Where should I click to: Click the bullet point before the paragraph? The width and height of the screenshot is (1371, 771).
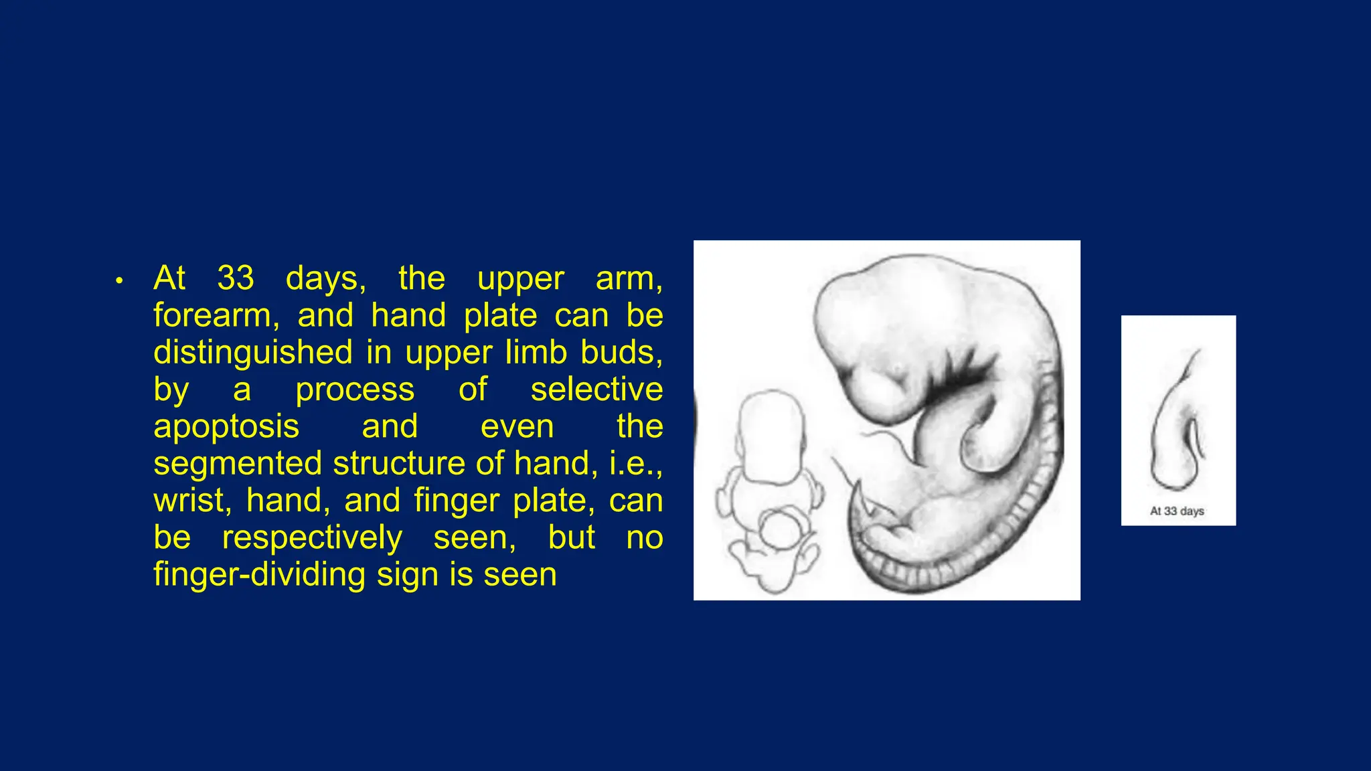coord(119,281)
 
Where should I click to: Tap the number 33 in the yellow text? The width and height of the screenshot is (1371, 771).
coord(236,278)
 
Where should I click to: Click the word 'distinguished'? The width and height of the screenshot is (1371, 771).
coord(252,352)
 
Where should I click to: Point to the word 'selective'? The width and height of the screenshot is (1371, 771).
coord(596,390)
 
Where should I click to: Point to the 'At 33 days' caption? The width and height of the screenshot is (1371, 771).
coord(1177,511)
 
